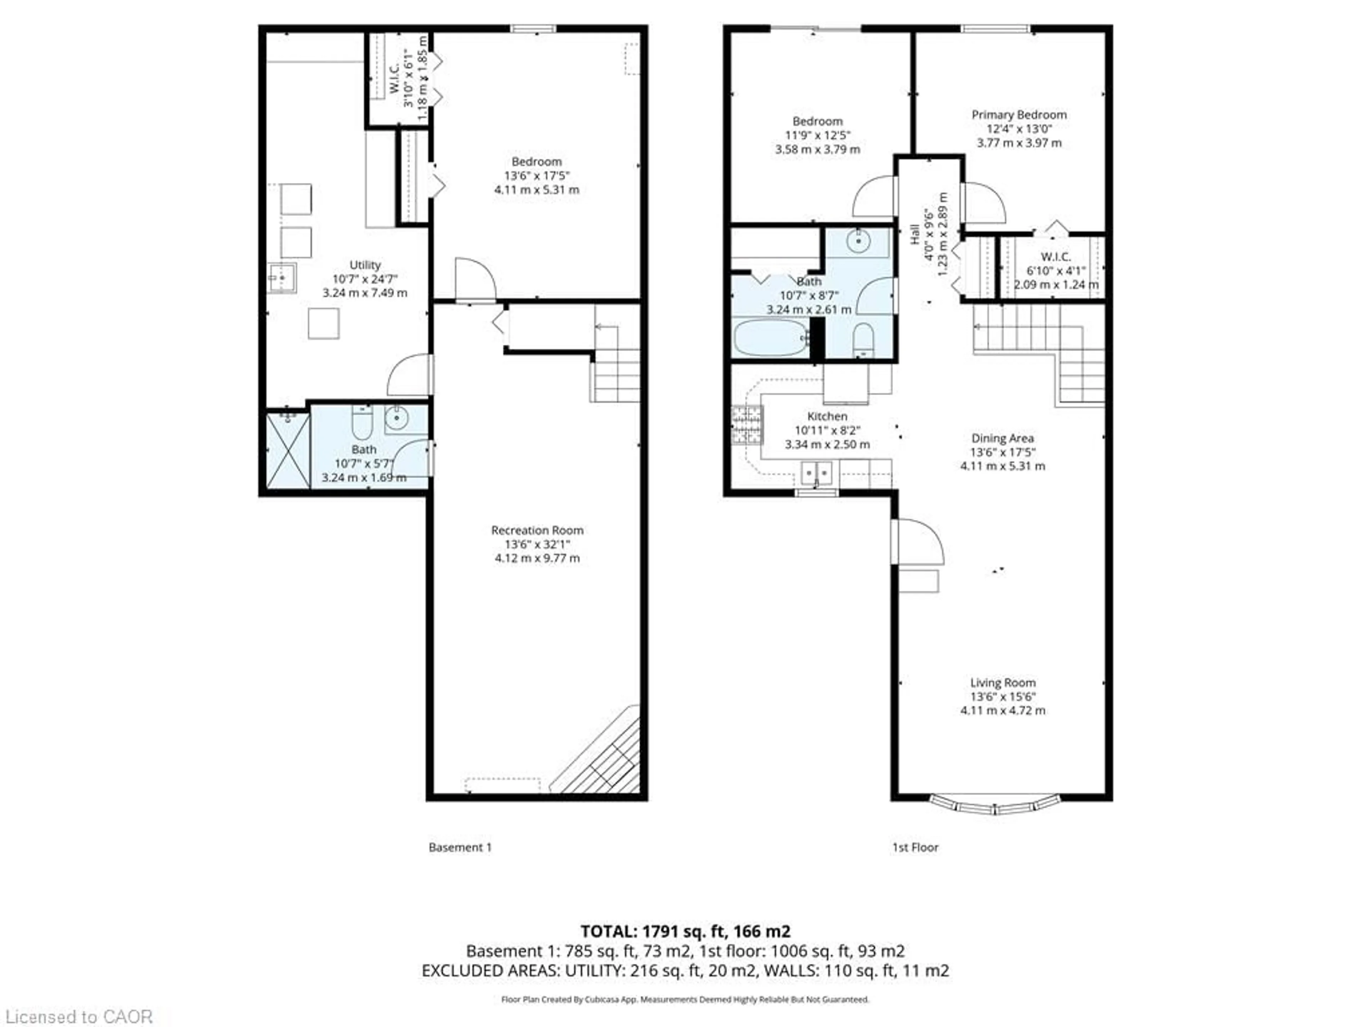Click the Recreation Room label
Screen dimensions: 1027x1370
[537, 530]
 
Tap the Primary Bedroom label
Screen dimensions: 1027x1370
[1019, 114]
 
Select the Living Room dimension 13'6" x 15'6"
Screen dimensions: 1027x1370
[1003, 696]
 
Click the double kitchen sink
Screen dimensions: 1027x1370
[816, 474]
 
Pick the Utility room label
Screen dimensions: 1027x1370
[365, 265]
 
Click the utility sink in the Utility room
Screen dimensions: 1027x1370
[282, 278]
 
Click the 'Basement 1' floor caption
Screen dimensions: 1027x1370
[460, 847]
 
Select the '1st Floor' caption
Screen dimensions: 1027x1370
[915, 847]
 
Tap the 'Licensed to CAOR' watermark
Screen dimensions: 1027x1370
[78, 1016]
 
